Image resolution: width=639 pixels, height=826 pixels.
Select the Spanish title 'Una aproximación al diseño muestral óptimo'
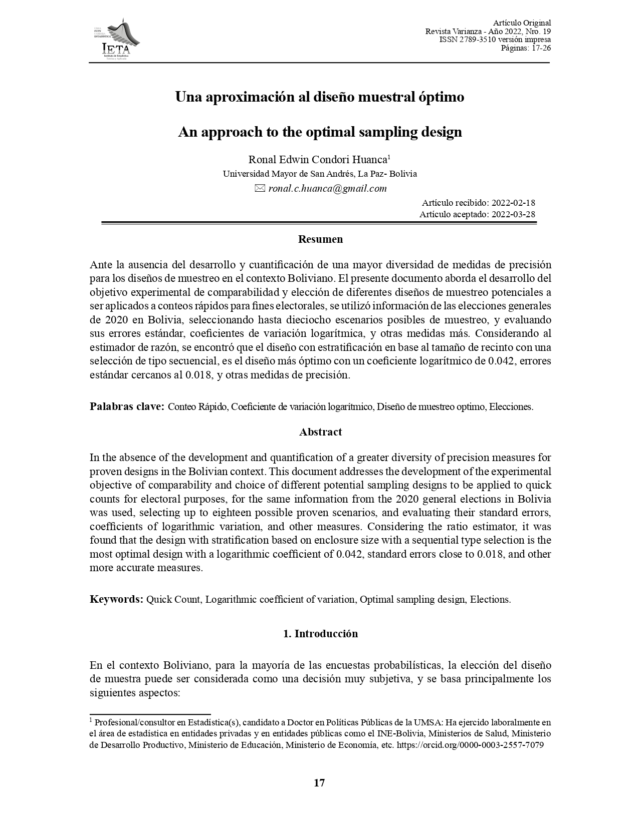(319, 97)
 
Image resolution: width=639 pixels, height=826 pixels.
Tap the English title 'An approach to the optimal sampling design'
(320, 132)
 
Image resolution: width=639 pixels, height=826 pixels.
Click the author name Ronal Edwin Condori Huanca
(318, 160)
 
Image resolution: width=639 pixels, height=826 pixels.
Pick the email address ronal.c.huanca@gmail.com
(327, 189)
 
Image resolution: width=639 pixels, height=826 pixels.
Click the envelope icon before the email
(260, 189)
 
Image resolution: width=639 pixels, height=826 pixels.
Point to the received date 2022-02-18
(513, 203)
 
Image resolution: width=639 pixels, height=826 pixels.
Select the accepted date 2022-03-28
(513, 214)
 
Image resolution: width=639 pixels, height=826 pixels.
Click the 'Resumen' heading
(320, 239)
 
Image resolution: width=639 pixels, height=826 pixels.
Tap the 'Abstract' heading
(320, 432)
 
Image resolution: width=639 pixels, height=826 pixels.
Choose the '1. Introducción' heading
(320, 634)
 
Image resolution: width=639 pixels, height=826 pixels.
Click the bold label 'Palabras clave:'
(127, 406)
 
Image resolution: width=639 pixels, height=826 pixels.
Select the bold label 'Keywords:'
(117, 599)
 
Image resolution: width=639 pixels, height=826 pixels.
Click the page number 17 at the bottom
(319, 783)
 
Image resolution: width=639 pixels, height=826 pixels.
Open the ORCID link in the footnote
(470, 745)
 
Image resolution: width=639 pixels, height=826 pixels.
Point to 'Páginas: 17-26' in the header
(526, 48)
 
